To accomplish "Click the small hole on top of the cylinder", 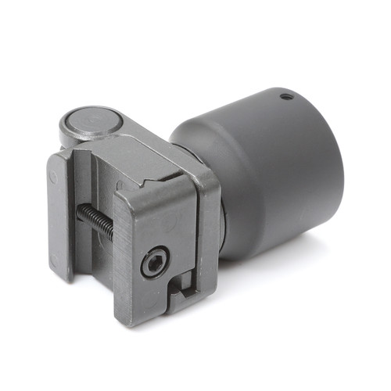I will tap(287, 96).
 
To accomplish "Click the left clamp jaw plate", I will tap(60, 211).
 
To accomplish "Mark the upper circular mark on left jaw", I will tap(52, 178).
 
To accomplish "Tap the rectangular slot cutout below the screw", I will tap(178, 290).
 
